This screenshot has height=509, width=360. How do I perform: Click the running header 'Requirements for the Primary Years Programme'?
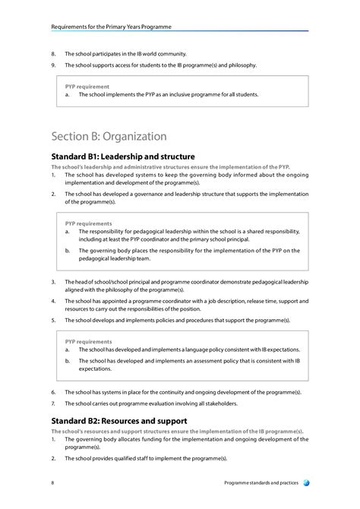pyautogui.click(x=111, y=27)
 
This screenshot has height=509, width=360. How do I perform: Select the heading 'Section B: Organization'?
pyautogui.click(x=109, y=137)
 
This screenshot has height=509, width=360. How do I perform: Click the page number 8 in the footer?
pyautogui.click(x=52, y=483)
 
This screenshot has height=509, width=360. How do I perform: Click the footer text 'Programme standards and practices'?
pyautogui.click(x=261, y=483)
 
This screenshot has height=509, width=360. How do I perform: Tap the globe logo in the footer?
pyautogui.click(x=305, y=483)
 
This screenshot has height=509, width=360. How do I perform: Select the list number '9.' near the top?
pyautogui.click(x=54, y=65)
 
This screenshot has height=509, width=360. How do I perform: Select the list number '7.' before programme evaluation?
pyautogui.click(x=54, y=403)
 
